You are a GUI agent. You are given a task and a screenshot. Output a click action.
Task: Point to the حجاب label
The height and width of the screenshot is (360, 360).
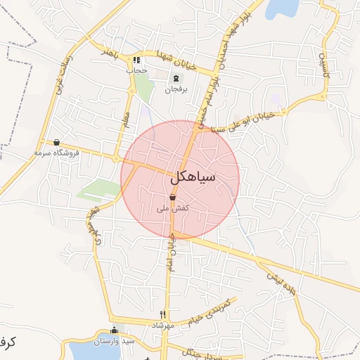(136, 70)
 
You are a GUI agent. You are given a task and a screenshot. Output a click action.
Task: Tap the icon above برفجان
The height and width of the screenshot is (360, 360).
(174, 79)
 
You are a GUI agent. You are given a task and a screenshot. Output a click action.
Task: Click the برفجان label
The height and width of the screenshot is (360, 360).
(174, 89)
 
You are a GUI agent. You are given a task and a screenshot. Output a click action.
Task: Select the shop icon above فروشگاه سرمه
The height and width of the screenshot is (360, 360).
(57, 142)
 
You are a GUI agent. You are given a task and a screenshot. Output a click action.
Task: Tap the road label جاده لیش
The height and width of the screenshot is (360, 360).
(279, 282)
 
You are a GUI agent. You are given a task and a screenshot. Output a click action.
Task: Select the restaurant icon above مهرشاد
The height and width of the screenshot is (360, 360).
(162, 314)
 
